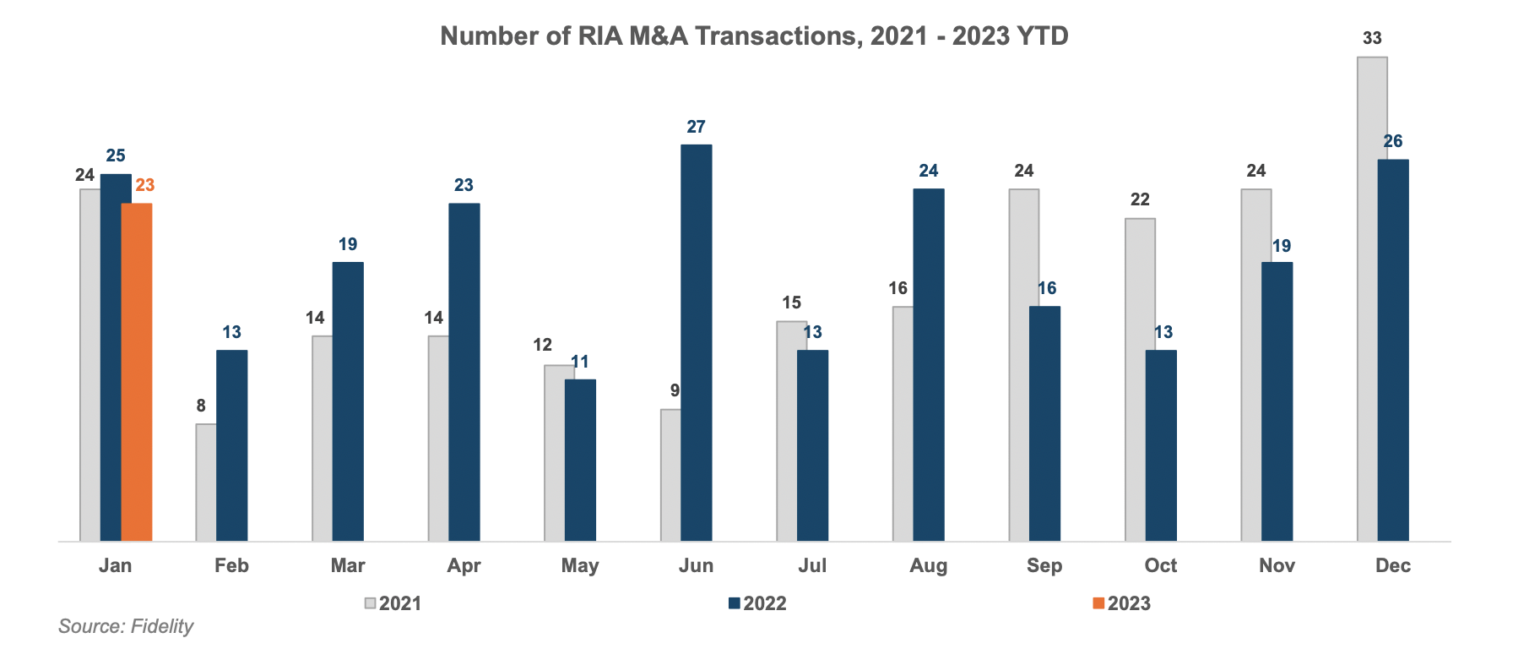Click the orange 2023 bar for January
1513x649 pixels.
pos(137,372)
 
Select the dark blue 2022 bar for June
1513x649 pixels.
pos(697,342)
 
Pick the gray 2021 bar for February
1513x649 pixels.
pos(206,482)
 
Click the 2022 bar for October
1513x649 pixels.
pos(1161,445)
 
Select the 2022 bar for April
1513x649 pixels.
pos(464,372)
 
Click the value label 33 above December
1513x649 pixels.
pos(1372,38)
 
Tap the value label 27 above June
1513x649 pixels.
pos(696,127)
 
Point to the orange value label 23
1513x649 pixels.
pos(145,185)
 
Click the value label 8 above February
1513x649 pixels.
pos(201,406)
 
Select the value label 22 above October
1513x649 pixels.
pos(1140,199)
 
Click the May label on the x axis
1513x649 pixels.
pos(580,565)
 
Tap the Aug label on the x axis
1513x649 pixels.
pos(928,565)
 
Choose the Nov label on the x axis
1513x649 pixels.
pos(1277,565)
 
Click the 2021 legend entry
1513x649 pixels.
pos(393,603)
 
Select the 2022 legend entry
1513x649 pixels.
pos(757,603)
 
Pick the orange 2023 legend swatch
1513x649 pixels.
pos(1098,603)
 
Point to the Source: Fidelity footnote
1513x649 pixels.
pos(126,626)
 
